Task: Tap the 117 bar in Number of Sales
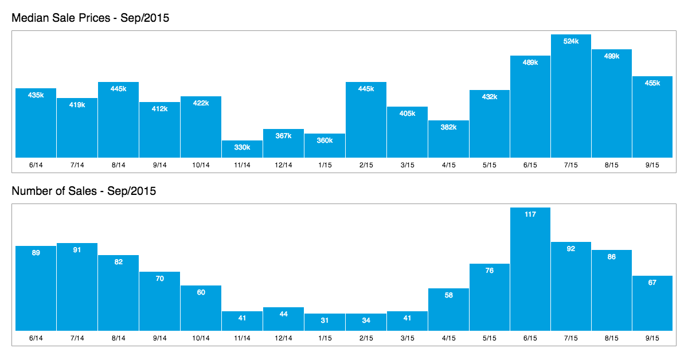coord(530,269)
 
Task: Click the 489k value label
coord(530,62)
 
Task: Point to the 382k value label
coord(448,127)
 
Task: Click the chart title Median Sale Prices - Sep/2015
coord(90,18)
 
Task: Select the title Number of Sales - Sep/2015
coord(84,191)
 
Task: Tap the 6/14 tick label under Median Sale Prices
coord(36,165)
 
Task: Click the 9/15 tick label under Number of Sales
coord(652,338)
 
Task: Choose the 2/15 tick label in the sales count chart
coord(366,338)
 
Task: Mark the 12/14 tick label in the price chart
coord(283,165)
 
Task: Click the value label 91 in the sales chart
coord(77,250)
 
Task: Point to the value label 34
coord(366,320)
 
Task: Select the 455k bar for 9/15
coord(652,118)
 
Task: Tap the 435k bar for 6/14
coord(36,123)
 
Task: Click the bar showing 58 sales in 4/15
coord(448,310)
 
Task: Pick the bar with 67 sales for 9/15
coord(652,304)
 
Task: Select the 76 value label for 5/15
coord(489,271)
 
